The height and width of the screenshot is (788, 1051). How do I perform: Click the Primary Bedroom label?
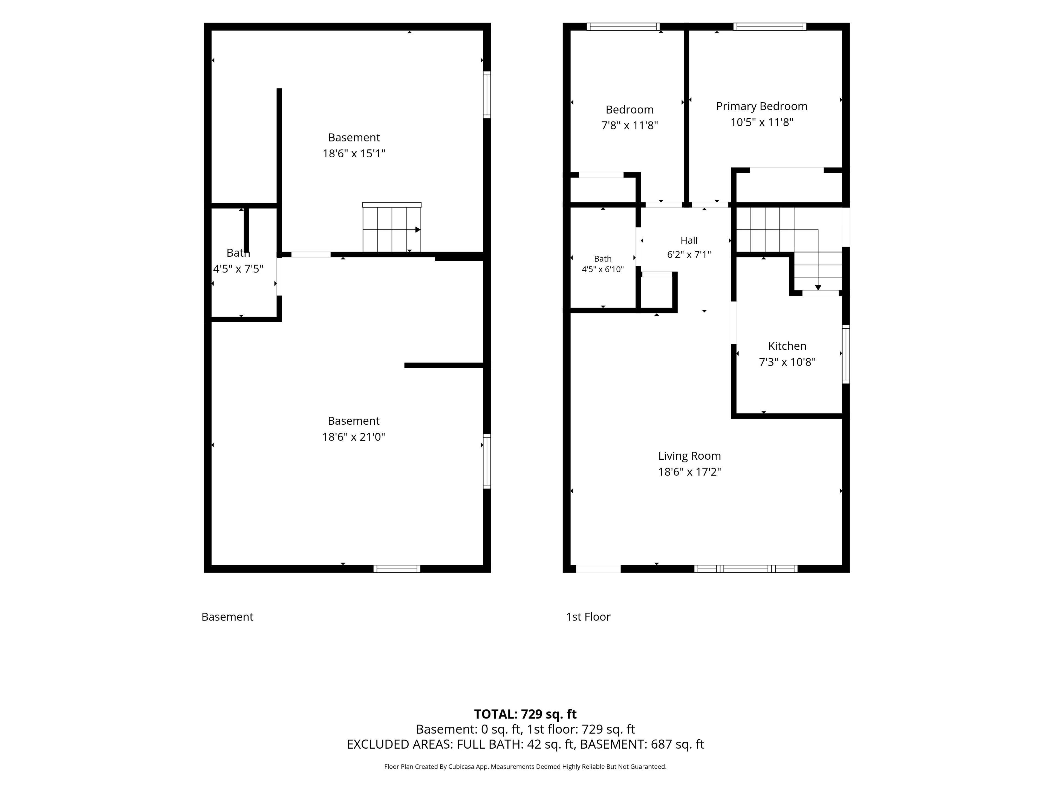(x=762, y=106)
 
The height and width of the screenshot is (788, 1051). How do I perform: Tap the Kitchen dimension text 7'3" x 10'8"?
(x=787, y=362)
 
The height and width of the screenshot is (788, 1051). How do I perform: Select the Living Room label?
(x=689, y=456)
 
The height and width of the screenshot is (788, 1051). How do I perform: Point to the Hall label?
(x=689, y=240)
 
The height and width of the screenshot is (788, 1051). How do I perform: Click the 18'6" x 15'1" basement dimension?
(x=354, y=153)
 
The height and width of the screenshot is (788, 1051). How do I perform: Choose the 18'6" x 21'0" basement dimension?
(x=354, y=436)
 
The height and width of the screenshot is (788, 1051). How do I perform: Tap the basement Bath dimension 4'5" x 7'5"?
(x=238, y=269)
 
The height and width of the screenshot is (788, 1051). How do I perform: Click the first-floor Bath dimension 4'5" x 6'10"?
(x=602, y=269)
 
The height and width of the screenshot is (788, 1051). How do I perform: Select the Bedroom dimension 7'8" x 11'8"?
(x=630, y=125)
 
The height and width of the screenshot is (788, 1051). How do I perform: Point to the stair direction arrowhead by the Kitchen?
(x=818, y=288)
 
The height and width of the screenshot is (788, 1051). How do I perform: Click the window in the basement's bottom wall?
(x=397, y=569)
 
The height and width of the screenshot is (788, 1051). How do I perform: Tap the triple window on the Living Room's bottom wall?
(x=746, y=569)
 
